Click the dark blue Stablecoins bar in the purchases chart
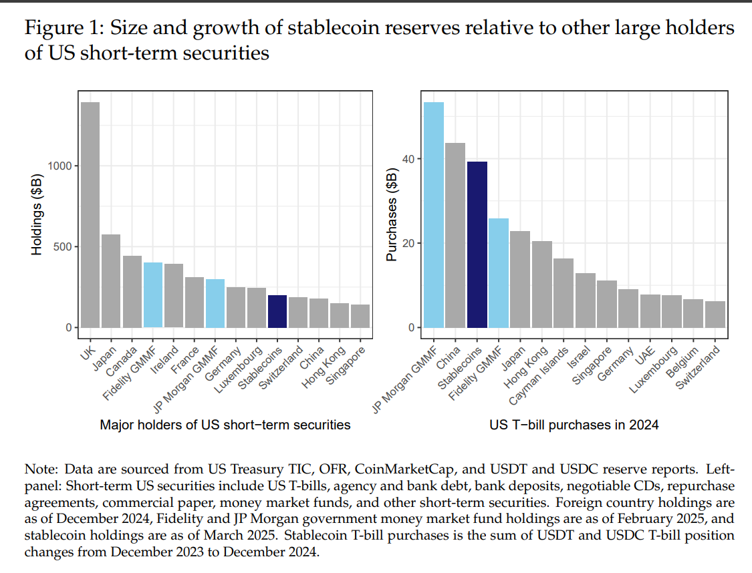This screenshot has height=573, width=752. click(x=477, y=244)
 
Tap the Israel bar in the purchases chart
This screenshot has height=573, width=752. click(x=586, y=300)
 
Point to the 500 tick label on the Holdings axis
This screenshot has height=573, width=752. click(x=63, y=246)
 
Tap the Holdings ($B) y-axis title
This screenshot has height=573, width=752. click(x=38, y=214)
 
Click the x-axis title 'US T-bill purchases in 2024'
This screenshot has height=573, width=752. click(x=573, y=425)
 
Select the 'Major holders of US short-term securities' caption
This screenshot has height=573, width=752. click(x=225, y=425)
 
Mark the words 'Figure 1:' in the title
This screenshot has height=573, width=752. click(x=64, y=29)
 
